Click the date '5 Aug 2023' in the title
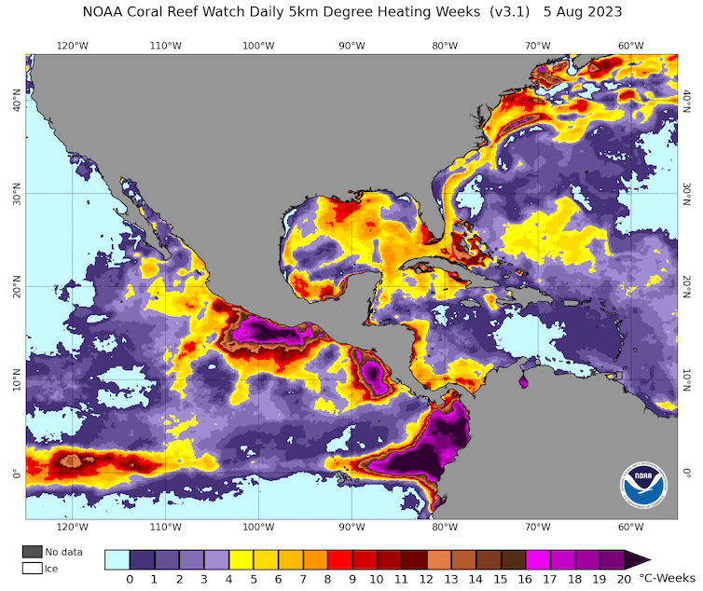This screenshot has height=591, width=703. [583, 12]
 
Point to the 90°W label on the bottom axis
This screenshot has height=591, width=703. [351, 528]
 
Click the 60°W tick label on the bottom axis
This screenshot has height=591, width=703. [631, 528]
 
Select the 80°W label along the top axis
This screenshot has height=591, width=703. [445, 45]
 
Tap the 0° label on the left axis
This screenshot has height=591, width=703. [15, 474]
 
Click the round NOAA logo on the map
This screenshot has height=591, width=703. [643, 484]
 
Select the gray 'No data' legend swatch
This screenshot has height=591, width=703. [34, 552]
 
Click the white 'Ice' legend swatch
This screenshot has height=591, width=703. [34, 567]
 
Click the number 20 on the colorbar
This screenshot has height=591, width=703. [623, 579]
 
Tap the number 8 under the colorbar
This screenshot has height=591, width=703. [327, 579]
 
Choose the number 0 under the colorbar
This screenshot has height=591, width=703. [130, 579]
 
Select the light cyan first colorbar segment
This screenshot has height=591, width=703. [117, 559]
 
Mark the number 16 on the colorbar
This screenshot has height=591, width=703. [524, 579]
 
